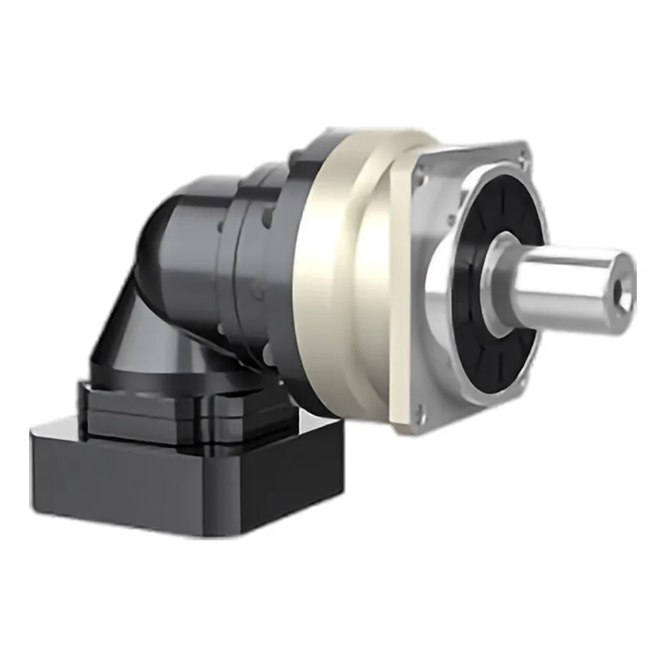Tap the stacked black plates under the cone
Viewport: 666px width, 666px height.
click(x=166, y=408)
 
